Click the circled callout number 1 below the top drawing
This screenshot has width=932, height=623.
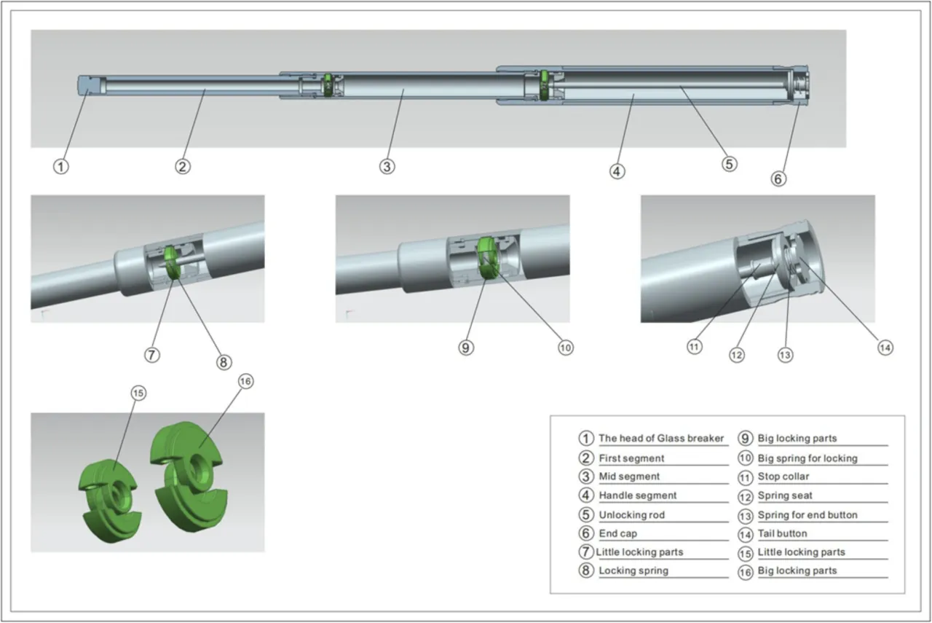[x=62, y=166]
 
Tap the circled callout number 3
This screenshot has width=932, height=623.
[x=387, y=166]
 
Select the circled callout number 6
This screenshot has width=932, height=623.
[x=779, y=178]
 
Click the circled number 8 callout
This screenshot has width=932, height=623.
[x=223, y=361]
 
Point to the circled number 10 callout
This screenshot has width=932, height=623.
[x=565, y=348]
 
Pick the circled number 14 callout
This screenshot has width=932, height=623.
[x=885, y=348]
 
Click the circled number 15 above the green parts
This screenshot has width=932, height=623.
[x=138, y=393]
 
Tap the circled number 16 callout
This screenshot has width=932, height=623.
[x=246, y=381]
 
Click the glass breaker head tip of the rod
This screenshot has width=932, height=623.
[x=87, y=85]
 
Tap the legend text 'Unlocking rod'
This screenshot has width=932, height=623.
[x=631, y=514]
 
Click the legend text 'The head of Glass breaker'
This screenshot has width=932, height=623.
[x=661, y=438]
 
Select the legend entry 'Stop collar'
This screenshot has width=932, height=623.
[x=783, y=477]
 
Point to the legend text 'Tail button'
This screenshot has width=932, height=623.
[x=782, y=533]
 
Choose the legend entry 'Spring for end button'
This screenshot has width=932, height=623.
[x=807, y=514]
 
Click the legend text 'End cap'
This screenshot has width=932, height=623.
[x=617, y=533]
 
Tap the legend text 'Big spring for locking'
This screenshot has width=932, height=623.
[x=807, y=458]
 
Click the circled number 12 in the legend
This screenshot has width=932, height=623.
[x=745, y=496]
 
